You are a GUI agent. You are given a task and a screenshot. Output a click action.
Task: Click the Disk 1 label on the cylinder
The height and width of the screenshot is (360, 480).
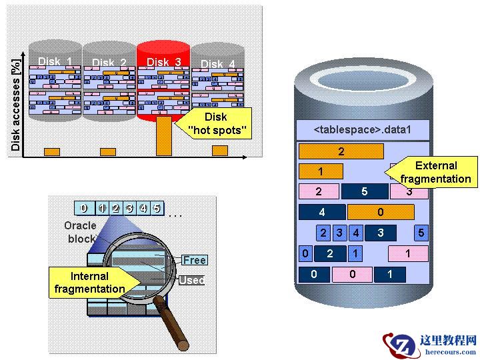point(55,62)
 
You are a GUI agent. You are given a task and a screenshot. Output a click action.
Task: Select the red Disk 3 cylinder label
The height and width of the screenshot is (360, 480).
point(163,62)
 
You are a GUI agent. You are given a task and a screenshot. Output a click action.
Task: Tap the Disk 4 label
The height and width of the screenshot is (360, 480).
point(217,64)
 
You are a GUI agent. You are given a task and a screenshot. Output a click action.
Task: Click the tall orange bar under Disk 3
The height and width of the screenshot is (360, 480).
point(163,136)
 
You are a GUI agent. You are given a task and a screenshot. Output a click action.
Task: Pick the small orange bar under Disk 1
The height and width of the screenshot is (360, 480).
point(52,152)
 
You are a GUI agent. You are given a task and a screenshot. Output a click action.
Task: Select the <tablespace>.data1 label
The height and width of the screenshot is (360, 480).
point(362,129)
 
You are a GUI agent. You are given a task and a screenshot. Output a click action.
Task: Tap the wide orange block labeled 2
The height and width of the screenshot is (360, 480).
point(341,151)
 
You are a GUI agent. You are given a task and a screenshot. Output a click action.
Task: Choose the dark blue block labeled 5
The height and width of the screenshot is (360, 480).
point(364,192)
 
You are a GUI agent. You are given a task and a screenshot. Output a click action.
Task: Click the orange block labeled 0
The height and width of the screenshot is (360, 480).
point(381,213)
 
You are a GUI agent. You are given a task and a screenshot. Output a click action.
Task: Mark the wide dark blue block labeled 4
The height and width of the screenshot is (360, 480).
point(322,213)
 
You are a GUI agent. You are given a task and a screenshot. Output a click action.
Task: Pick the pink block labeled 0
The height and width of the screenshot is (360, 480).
point(352,274)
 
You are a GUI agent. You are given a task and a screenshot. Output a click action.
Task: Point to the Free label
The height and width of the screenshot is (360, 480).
point(194,260)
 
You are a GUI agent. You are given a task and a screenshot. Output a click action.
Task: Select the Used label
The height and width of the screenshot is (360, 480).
point(191,281)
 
